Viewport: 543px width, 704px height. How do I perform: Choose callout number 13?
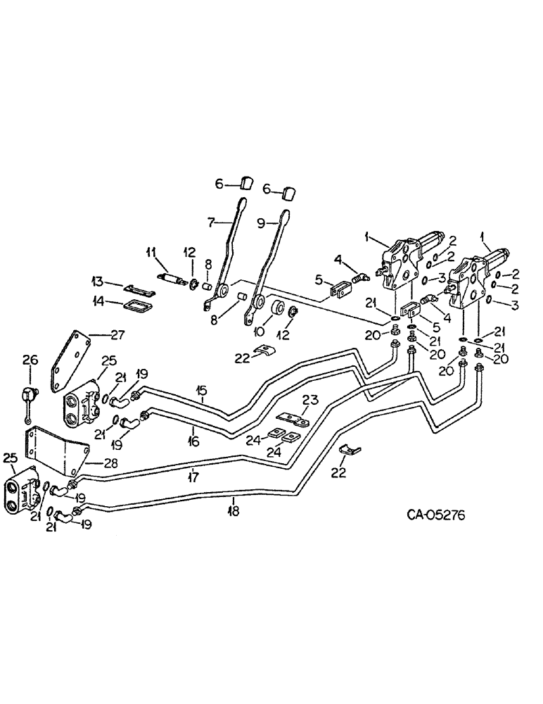point(98,282)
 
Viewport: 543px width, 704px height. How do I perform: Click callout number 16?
point(193,441)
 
